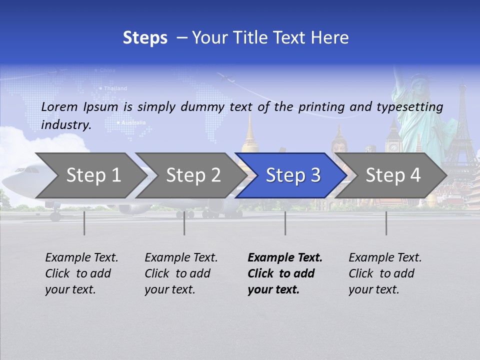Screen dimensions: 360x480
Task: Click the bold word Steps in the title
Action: [145, 38]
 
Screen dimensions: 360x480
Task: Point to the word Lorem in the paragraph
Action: [59, 106]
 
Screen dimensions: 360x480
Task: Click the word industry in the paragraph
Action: [66, 125]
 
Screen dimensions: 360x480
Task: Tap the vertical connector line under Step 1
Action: [84, 223]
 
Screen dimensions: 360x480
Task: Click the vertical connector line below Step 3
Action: [285, 223]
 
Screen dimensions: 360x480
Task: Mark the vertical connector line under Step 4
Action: [386, 223]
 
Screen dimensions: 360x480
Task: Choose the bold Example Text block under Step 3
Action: [285, 273]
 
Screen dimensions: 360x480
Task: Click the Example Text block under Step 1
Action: [81, 273]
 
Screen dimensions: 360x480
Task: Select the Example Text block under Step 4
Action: [385, 273]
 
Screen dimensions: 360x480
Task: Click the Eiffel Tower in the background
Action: [462, 130]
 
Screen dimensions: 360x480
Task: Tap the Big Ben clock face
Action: [394, 147]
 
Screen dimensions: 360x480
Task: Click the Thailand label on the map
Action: [115, 88]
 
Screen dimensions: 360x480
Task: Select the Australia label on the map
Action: [133, 122]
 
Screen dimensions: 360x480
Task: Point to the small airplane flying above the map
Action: [226, 78]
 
